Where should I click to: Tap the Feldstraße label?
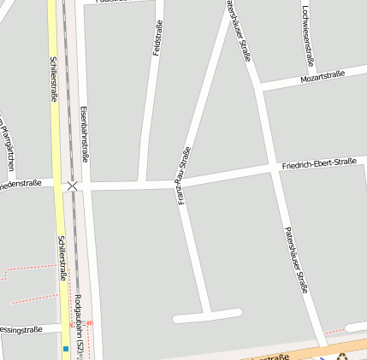(157, 38)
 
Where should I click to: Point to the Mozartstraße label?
(323, 77)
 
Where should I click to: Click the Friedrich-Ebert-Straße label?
(319, 161)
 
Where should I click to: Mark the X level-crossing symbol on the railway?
(73, 186)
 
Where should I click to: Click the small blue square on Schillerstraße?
(65, 349)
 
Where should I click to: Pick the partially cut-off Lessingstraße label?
(21, 330)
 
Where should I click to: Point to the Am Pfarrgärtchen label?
(9, 141)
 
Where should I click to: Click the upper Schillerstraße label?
(53, 80)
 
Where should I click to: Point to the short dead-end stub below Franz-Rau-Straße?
(207, 316)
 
